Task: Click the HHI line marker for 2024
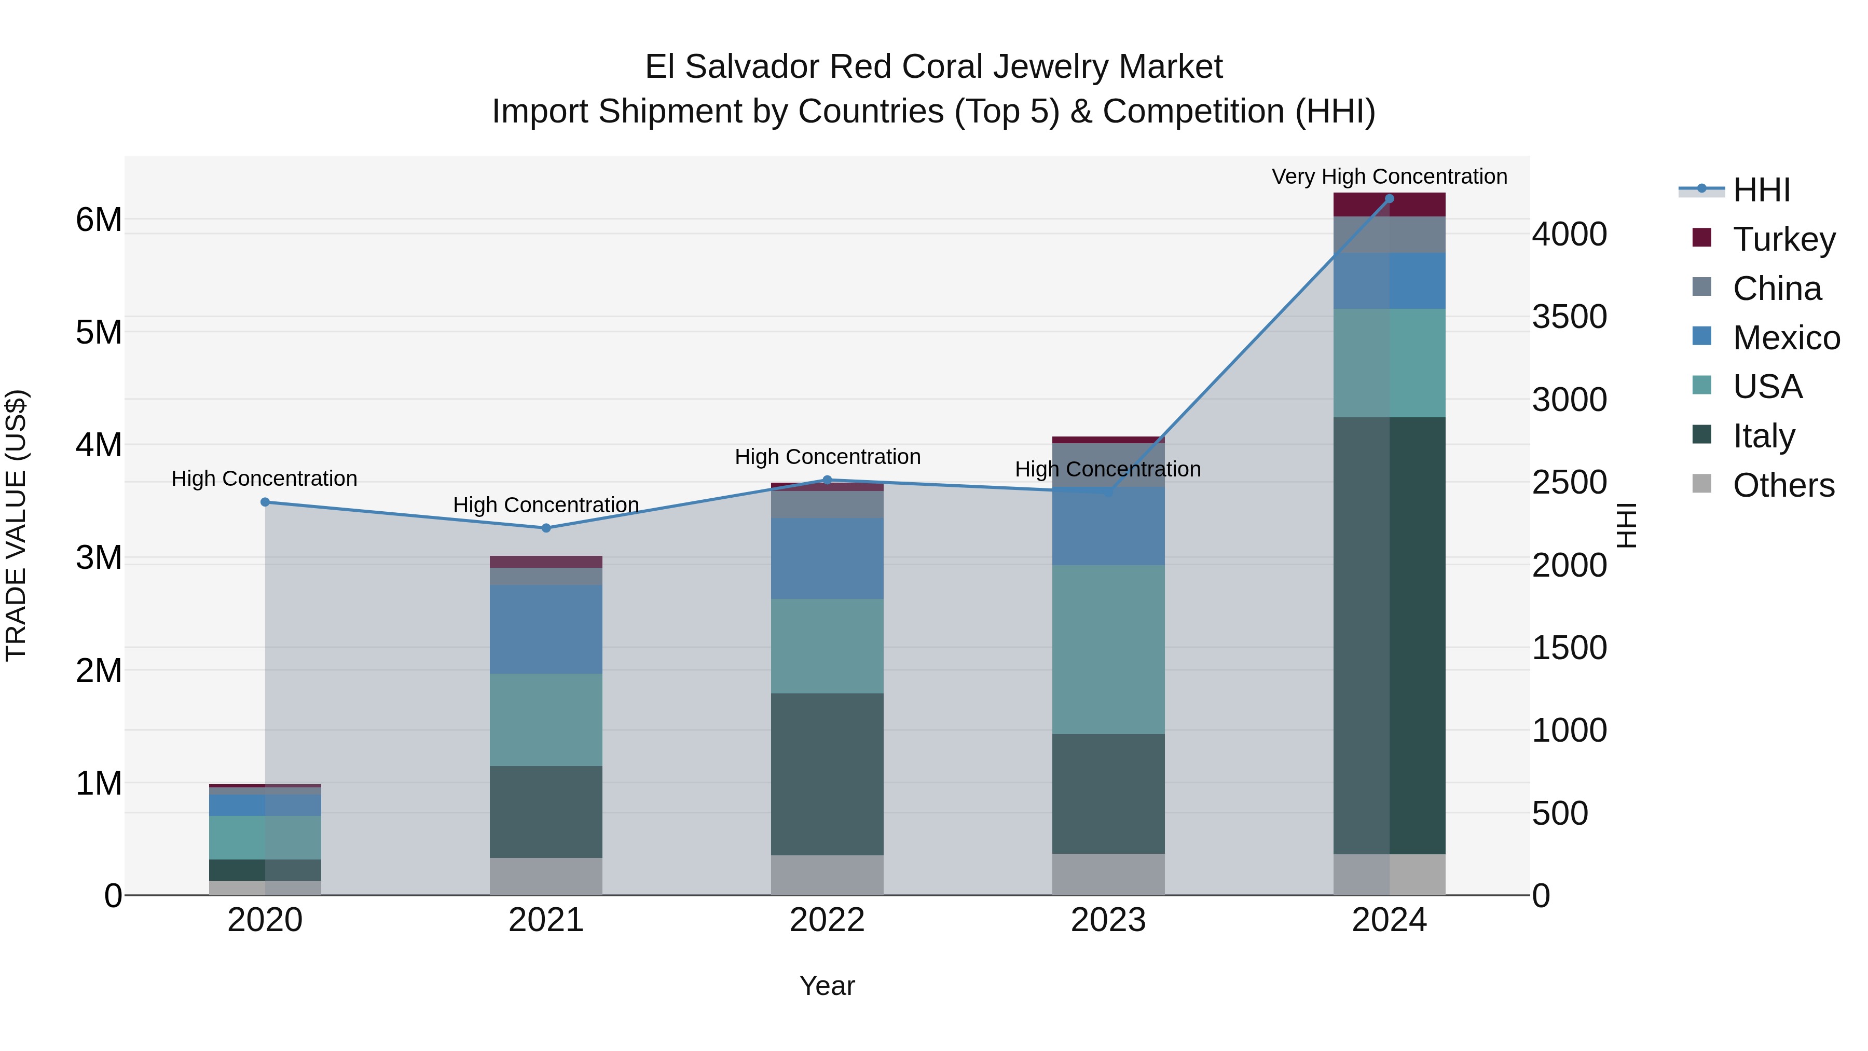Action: pyautogui.click(x=1389, y=199)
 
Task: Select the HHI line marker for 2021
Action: pyautogui.click(x=546, y=528)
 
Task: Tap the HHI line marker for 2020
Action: pyautogui.click(x=265, y=502)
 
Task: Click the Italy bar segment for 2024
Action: pyautogui.click(x=1389, y=635)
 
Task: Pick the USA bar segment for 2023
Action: pyautogui.click(x=1108, y=649)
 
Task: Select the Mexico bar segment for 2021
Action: pyautogui.click(x=546, y=629)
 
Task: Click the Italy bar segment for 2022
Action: pyautogui.click(x=827, y=773)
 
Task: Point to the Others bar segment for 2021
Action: pyautogui.click(x=546, y=876)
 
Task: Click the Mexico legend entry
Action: pyautogui.click(x=1785, y=338)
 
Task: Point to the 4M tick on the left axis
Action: pyautogui.click(x=99, y=445)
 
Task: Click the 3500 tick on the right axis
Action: pyautogui.click(x=1569, y=317)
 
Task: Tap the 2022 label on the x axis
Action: pyautogui.click(x=827, y=920)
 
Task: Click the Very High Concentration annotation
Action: pyautogui.click(x=1389, y=176)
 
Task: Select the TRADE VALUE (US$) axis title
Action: pyautogui.click(x=16, y=525)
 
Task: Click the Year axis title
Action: pyautogui.click(x=827, y=986)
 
